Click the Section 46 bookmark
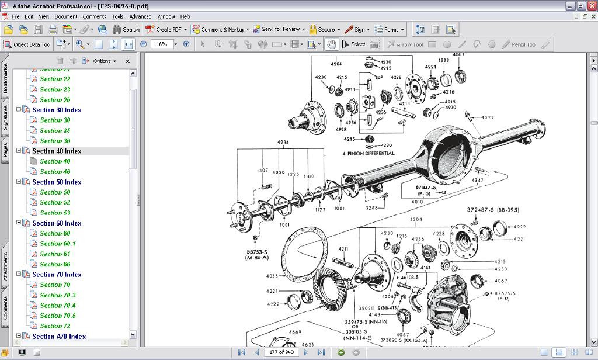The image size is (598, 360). (55, 172)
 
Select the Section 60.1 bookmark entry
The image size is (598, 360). (58, 244)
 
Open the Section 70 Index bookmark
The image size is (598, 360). (57, 275)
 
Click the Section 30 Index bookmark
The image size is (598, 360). (57, 110)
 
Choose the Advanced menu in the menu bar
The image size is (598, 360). (140, 16)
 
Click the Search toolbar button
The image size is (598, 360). (126, 29)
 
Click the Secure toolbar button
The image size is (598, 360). (322, 29)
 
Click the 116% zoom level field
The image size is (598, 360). (162, 44)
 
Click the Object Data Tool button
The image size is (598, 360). (27, 44)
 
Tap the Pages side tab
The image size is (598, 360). (5, 151)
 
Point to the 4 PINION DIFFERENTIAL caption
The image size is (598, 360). (368, 154)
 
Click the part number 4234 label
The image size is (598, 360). (283, 142)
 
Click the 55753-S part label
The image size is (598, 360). (256, 252)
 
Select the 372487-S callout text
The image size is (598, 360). (484, 210)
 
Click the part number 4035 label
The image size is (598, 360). (272, 276)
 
